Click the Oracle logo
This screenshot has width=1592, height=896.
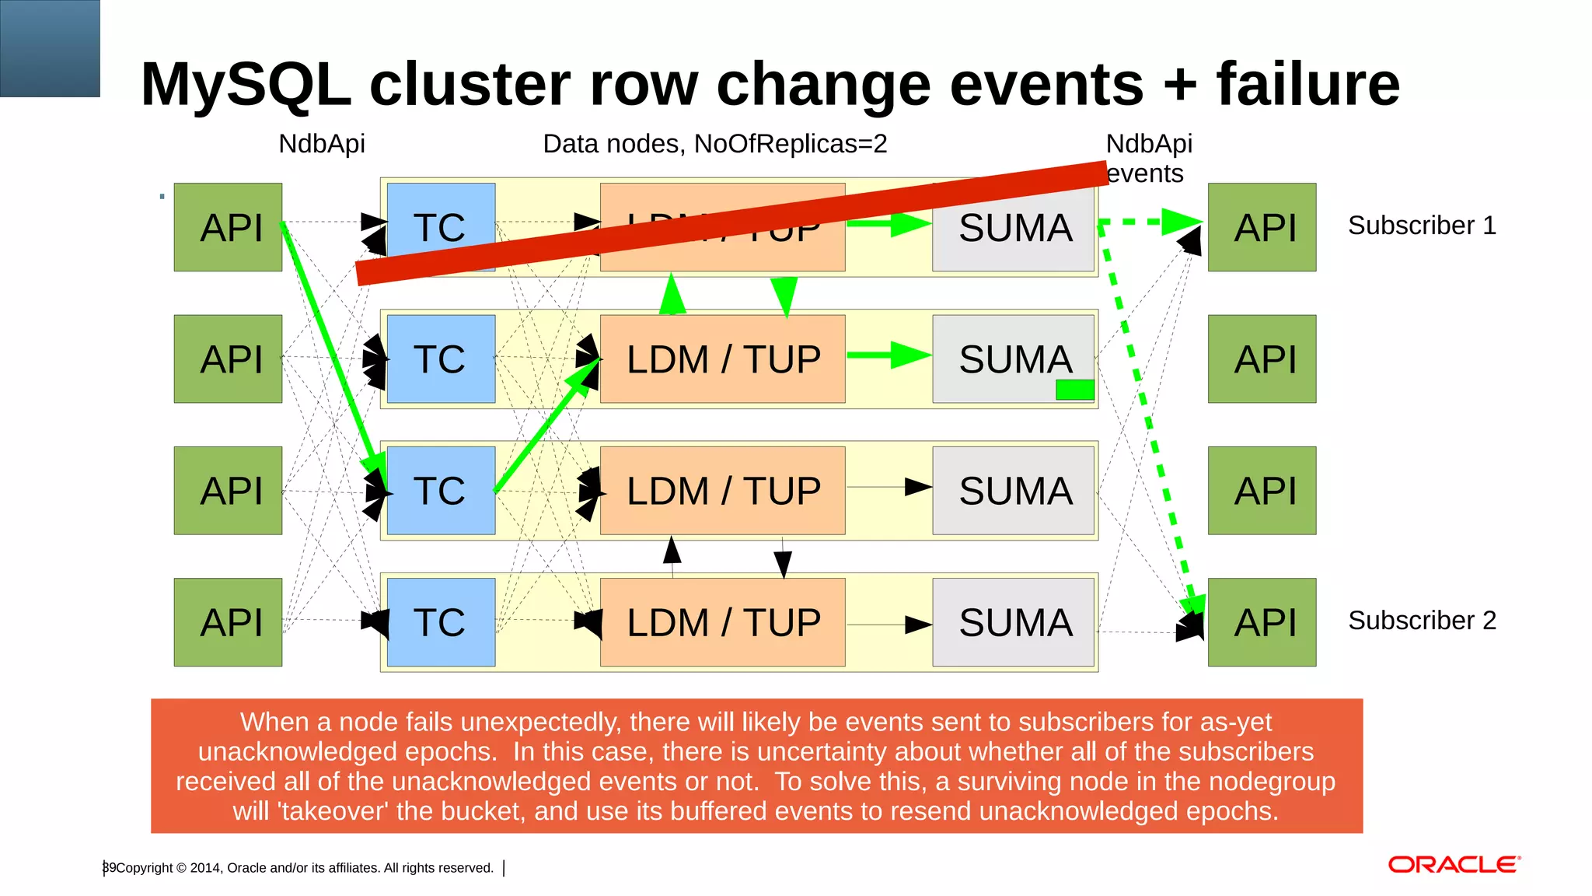click(1453, 865)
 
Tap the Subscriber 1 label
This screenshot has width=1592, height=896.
click(1421, 226)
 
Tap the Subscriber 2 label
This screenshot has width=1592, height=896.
click(1421, 621)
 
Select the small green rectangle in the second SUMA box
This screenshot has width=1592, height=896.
click(1074, 390)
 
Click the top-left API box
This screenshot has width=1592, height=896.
click(228, 227)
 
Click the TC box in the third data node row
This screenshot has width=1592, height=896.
click(441, 491)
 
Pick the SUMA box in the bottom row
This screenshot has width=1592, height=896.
click(1014, 622)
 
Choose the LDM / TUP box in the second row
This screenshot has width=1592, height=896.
click(722, 359)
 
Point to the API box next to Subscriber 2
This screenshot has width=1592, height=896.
click(1262, 622)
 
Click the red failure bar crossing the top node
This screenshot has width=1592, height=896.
click(731, 222)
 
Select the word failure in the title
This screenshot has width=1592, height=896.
click(1307, 84)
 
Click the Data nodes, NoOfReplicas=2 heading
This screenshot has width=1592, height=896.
click(714, 144)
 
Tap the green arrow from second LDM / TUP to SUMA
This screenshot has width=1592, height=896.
click(888, 355)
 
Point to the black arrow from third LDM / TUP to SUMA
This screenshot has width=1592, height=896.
click(888, 487)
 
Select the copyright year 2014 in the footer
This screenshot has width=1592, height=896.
click(205, 868)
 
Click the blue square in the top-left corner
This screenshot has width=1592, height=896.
click(50, 48)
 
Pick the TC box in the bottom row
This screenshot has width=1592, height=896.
click(441, 622)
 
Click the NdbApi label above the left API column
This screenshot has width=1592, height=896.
click(321, 144)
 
